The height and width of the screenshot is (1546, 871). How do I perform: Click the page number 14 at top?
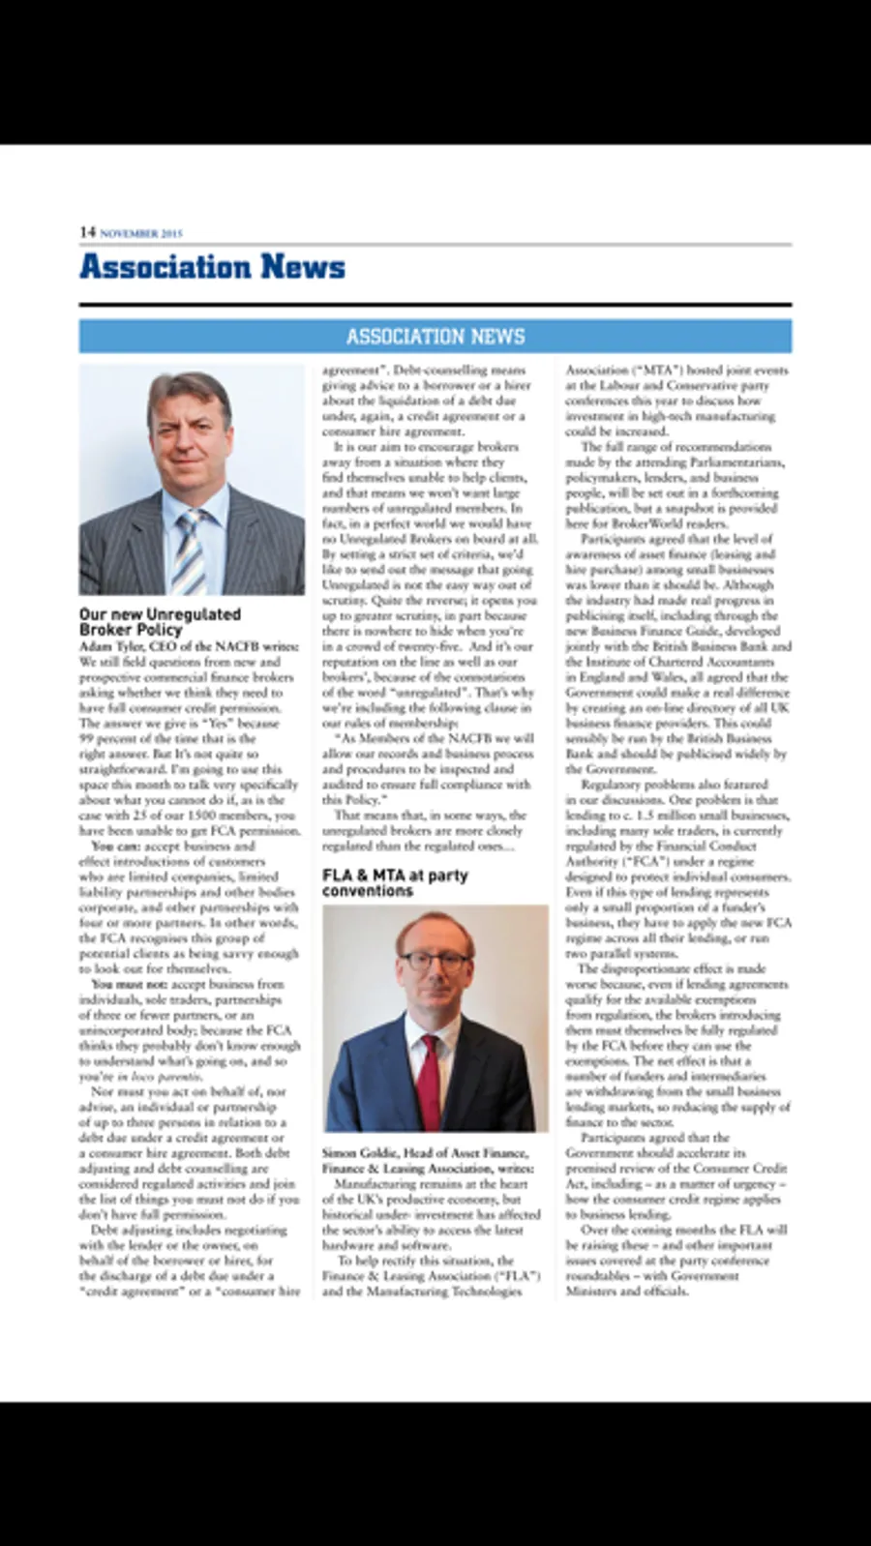[x=87, y=232]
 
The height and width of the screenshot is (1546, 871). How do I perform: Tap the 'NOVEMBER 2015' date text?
[x=141, y=233]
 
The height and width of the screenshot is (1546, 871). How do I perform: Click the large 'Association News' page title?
[x=212, y=267]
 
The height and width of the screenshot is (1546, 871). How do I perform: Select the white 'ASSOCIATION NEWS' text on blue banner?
[x=435, y=337]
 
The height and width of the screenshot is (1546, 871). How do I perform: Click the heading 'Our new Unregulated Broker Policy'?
[x=160, y=621]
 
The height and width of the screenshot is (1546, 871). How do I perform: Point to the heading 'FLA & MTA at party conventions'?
[x=395, y=882]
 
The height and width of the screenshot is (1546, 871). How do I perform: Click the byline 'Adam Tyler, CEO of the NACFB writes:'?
[x=189, y=645]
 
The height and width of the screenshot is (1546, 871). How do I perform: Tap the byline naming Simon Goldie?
[x=427, y=1160]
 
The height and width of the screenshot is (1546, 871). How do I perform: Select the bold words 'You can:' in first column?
[x=115, y=846]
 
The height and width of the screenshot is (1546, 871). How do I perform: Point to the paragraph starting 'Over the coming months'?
[x=676, y=1260]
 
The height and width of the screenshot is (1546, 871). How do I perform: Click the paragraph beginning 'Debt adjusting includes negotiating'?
[x=190, y=1260]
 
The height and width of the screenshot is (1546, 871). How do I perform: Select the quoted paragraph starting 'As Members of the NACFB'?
[x=427, y=769]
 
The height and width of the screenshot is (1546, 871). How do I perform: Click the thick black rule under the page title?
[x=435, y=305]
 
